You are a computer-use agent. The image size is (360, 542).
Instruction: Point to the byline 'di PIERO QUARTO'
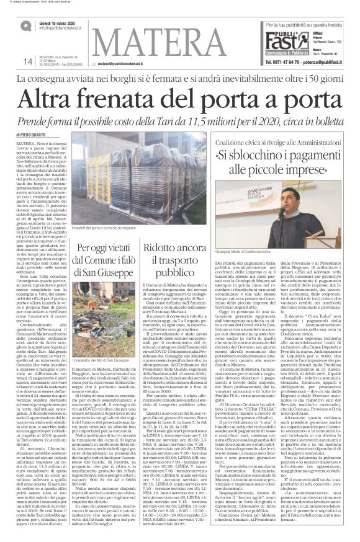[x=29, y=133]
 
